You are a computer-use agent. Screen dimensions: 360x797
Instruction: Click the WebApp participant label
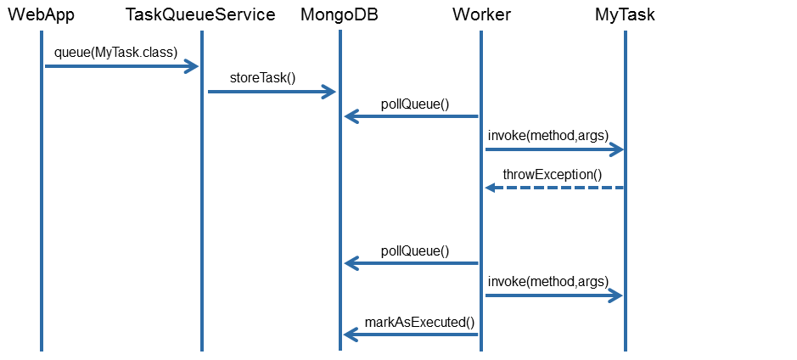coord(41,14)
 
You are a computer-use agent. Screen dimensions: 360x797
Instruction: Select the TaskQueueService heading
coord(200,14)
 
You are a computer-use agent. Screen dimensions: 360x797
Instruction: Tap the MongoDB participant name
coord(340,14)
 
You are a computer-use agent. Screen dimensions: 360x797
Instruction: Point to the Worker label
coord(481,14)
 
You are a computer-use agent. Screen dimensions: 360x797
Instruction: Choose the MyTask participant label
coord(626,14)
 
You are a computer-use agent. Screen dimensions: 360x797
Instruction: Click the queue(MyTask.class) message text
coord(115,52)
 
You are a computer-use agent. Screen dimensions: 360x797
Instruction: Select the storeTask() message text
coord(262,78)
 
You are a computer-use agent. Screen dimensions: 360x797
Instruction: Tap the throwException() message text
coord(552,175)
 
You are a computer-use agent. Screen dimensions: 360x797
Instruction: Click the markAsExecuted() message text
coord(419,322)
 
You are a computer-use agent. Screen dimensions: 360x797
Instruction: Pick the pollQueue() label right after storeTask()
coord(415,104)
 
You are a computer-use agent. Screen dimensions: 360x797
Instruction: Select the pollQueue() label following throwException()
coord(415,250)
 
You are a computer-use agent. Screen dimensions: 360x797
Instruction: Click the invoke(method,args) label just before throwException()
coord(548,135)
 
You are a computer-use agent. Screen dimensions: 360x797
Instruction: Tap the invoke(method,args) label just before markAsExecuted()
coord(548,281)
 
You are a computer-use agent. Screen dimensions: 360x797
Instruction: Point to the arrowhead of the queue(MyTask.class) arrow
coord(191,66)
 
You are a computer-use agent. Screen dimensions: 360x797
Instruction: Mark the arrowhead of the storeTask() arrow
coord(329,92)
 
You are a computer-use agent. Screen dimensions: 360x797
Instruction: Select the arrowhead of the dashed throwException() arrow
coord(491,188)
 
